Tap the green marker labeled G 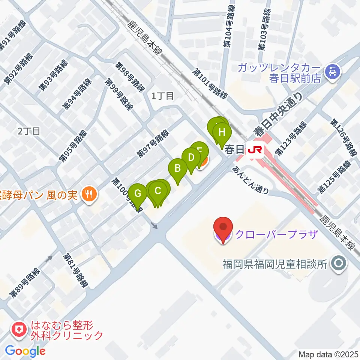click(138, 194)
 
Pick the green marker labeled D click(191, 157)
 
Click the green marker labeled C click(158, 191)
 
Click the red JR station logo click(255, 150)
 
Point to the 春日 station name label click(235, 150)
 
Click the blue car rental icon click(332, 70)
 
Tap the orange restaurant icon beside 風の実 click(90, 194)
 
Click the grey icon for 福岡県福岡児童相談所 click(338, 264)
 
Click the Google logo click(25, 351)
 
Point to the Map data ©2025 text click(328, 354)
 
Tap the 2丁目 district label click(29, 131)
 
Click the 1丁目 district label click(162, 96)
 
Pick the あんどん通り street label click(251, 180)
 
